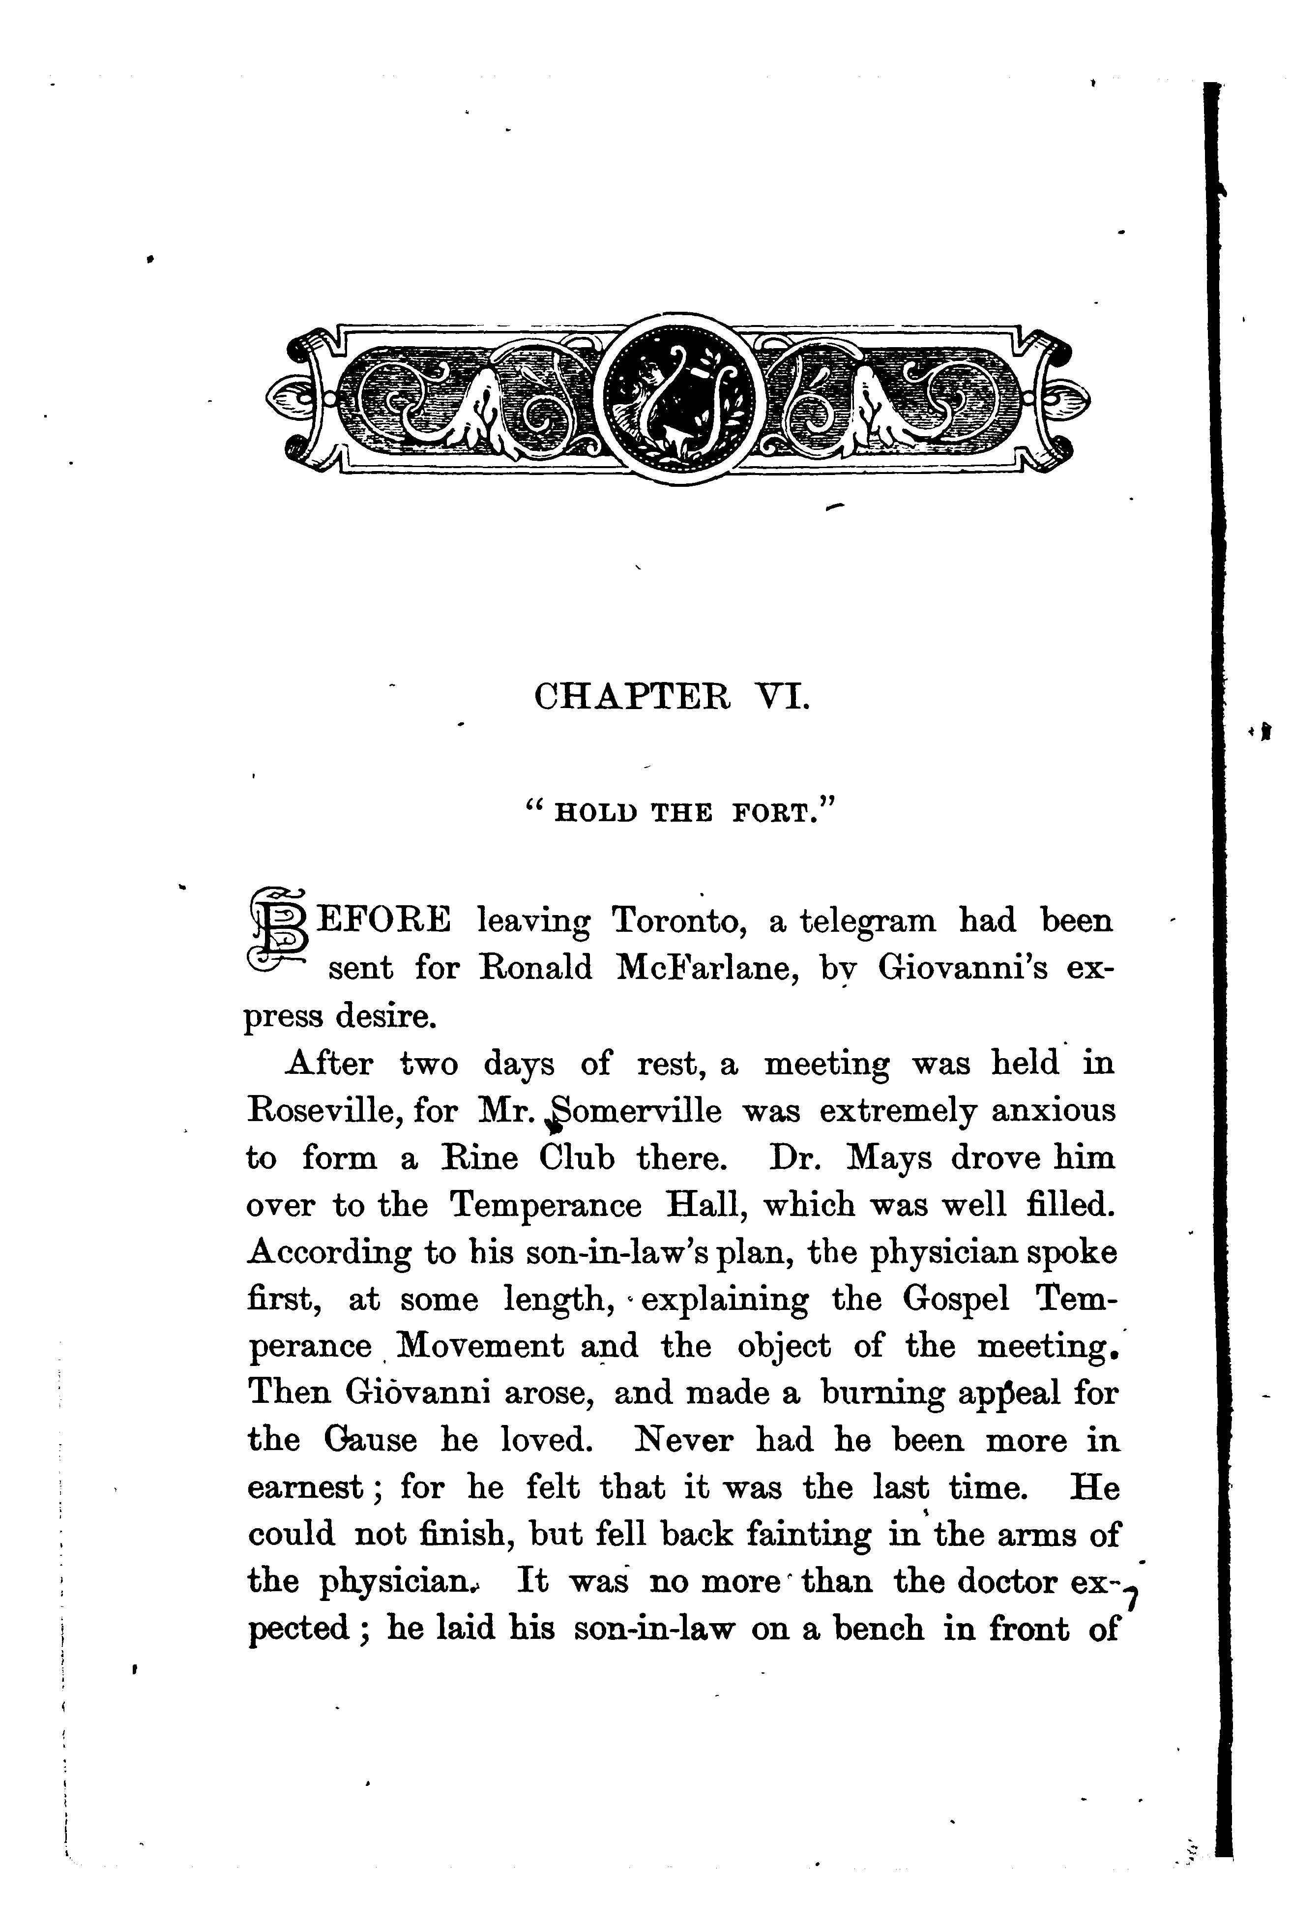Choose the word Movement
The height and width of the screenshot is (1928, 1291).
480,1347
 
